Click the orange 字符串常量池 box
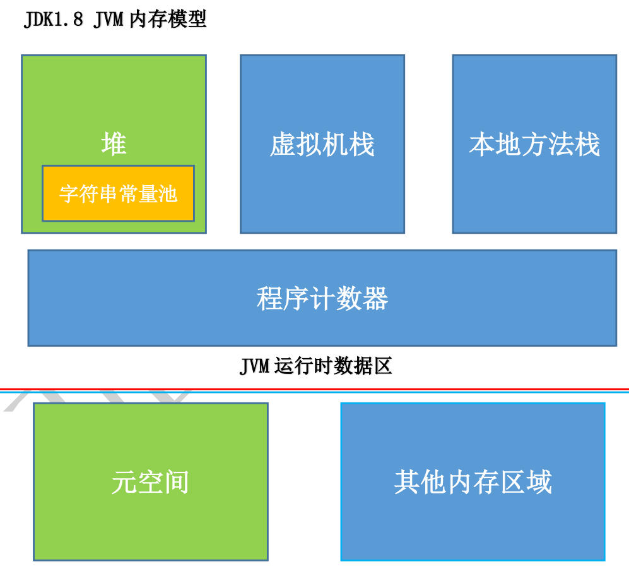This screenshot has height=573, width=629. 118,193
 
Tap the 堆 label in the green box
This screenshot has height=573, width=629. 114,145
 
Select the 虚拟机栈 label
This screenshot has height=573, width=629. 322,145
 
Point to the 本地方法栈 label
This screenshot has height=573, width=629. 534,145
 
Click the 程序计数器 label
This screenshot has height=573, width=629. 322,298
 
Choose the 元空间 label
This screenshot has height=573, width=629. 150,483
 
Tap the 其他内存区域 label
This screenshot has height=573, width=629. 473,483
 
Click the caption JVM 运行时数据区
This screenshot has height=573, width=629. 315,366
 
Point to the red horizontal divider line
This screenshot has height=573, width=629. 315,389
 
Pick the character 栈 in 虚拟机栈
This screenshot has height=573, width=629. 362,145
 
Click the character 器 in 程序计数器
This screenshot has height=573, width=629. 375,298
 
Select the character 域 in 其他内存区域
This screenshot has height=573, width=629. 539,483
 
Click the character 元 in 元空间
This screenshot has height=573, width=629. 124,483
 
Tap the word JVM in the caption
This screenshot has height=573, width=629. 255,366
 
